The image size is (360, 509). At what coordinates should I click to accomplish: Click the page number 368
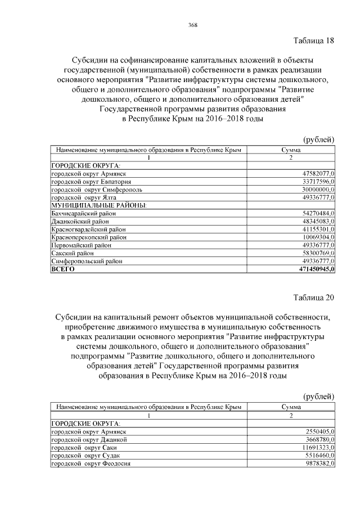point(192,25)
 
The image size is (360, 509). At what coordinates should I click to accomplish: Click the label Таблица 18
point(314,40)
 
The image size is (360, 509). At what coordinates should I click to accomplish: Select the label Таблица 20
point(314,296)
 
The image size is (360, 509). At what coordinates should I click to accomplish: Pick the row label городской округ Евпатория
point(92,182)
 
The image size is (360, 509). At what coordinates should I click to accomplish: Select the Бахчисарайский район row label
point(84,214)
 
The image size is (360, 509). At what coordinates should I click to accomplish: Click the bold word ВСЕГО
point(63,269)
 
